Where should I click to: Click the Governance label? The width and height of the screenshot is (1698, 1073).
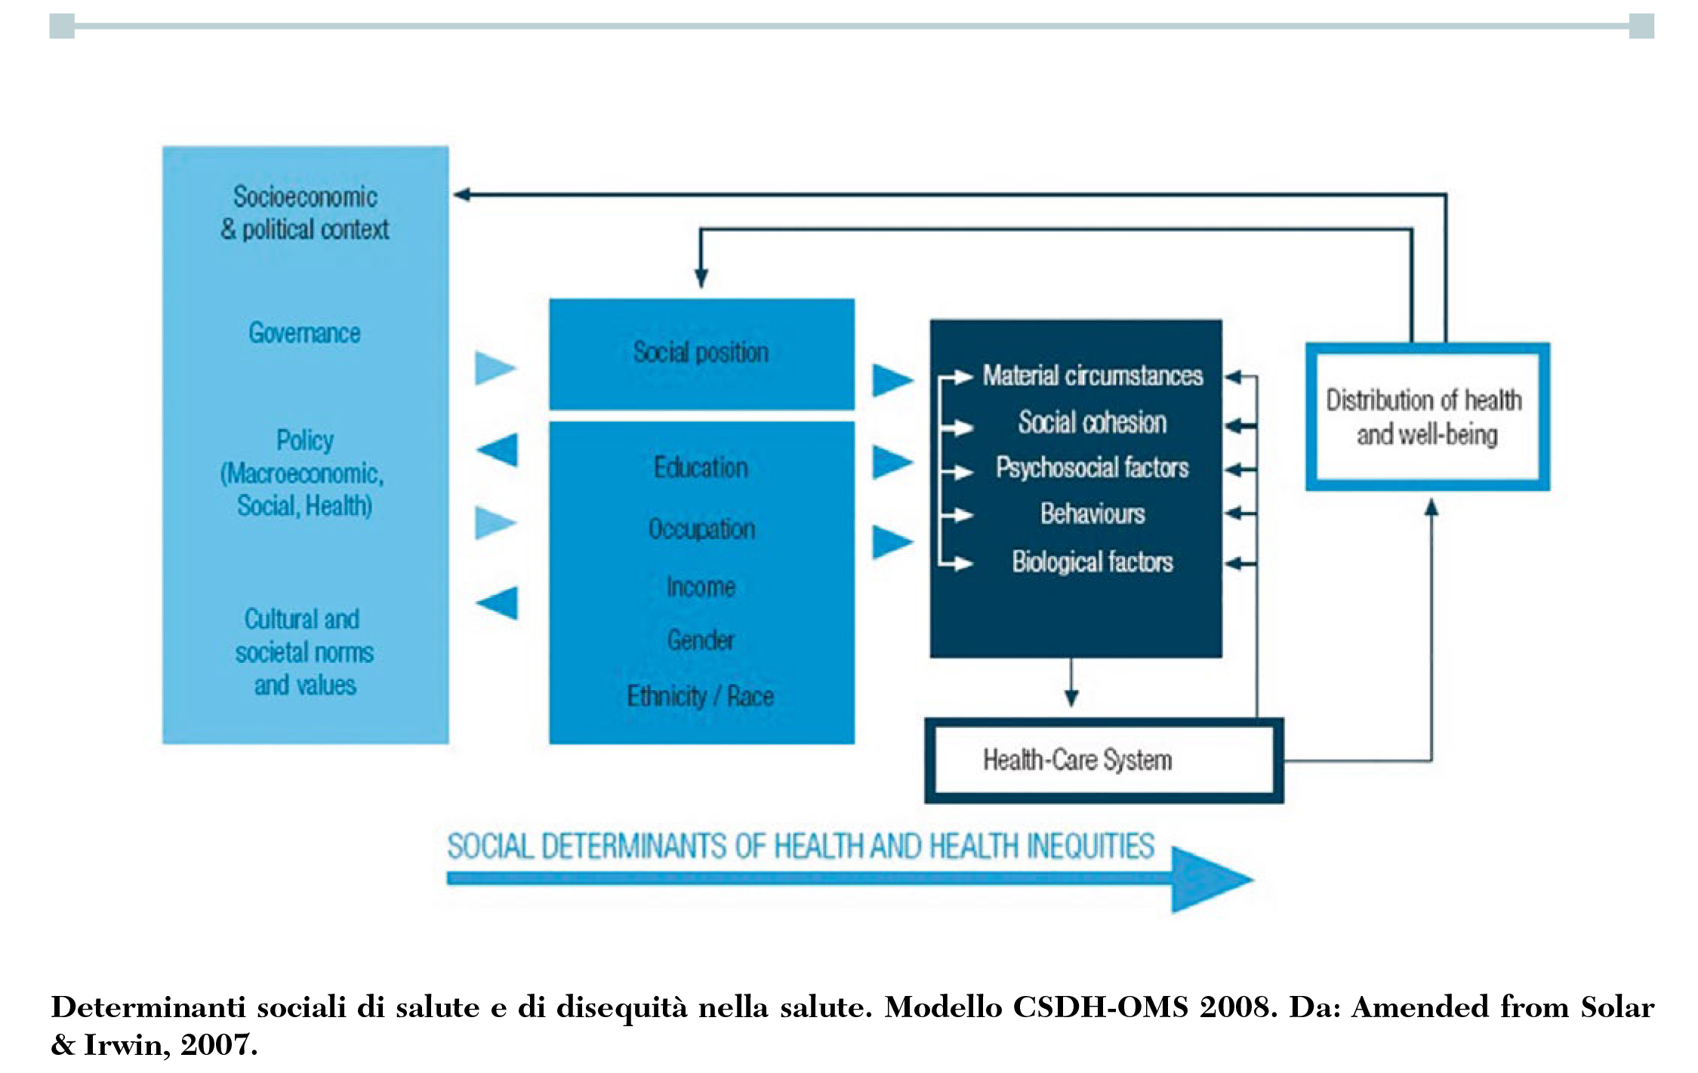click(304, 333)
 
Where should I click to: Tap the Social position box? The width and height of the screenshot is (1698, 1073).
click(701, 353)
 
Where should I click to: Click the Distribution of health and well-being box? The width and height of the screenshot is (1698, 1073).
click(1426, 417)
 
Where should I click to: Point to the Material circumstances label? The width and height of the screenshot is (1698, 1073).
click(1092, 375)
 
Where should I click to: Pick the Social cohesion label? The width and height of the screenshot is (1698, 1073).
click(1092, 422)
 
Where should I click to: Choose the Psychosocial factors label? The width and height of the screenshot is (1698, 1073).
click(1092, 468)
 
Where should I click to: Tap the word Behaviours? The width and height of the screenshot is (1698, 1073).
click(1092, 514)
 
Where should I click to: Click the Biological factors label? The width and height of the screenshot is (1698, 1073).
click(1092, 562)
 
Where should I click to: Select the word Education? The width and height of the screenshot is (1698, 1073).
click(701, 468)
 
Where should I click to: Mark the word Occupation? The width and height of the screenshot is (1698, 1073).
click(701, 529)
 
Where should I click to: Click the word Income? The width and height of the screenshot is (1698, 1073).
click(701, 587)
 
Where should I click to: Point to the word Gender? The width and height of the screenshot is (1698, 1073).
click(701, 640)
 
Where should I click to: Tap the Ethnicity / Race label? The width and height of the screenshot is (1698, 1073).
click(700, 695)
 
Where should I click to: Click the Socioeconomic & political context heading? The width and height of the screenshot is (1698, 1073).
click(304, 213)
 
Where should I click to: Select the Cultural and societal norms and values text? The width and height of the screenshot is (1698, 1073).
click(304, 652)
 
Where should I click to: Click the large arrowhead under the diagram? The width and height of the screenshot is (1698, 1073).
click(1208, 879)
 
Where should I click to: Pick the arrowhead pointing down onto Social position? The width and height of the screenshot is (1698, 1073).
click(701, 278)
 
